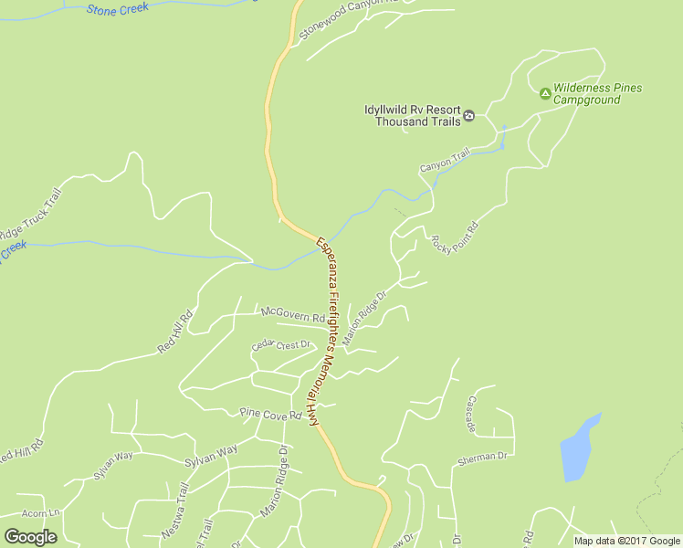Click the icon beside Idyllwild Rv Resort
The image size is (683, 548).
coord(468,115)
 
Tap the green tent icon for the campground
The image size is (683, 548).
coord(545,92)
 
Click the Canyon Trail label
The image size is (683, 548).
coord(444,161)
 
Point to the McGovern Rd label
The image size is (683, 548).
coord(292,314)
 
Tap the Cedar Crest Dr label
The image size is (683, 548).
coord(281,345)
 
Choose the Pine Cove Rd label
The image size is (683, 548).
coord(270,416)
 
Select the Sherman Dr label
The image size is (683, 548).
coord(483,456)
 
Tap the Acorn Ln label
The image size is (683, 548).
coord(40,513)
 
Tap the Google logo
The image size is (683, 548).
coord(30,537)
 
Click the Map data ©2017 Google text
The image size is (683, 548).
coord(627,541)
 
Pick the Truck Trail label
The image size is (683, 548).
coord(29,221)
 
